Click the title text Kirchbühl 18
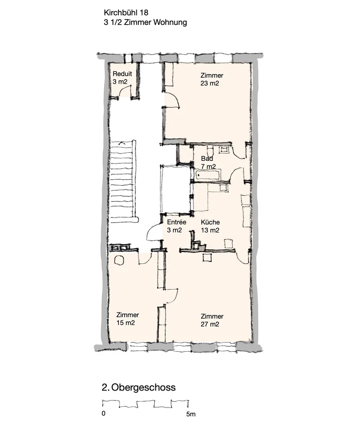point(126,13)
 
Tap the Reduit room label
point(122,74)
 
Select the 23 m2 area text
point(210,83)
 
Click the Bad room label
point(207,158)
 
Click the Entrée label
point(177,222)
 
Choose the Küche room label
point(210,222)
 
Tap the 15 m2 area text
point(126,323)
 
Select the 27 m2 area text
point(210,324)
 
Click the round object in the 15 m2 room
point(119,260)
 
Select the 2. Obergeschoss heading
point(139,387)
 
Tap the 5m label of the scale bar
point(191,414)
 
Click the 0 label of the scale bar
point(104,413)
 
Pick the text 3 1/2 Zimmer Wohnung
point(145,22)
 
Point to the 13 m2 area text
point(210,231)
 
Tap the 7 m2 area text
point(209,166)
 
